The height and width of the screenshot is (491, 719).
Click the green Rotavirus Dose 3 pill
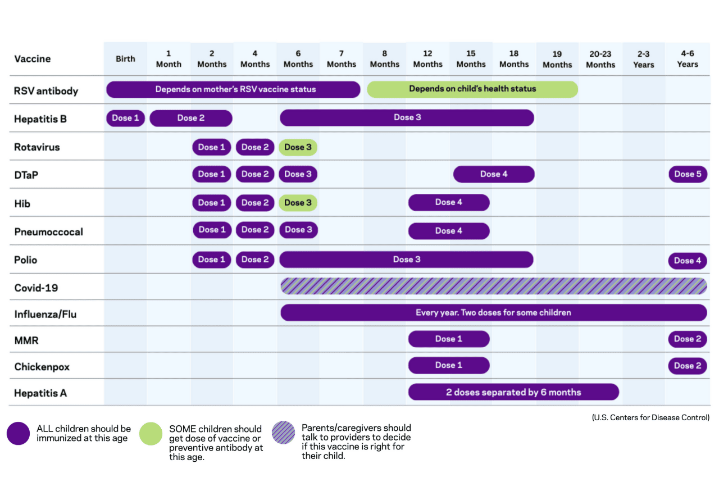coord(298,147)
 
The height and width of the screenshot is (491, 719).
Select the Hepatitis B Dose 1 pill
coord(125,118)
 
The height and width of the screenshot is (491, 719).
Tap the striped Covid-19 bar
coord(493,286)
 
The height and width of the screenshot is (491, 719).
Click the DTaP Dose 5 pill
coord(688,174)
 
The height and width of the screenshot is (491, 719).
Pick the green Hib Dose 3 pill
coord(298,203)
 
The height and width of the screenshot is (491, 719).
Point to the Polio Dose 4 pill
coord(688,261)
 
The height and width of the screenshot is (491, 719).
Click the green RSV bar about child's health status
coord(472,89)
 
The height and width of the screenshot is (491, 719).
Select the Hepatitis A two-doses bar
coord(513,392)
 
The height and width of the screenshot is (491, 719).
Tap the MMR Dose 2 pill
coord(688,339)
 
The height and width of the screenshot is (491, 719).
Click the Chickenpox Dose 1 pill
coord(449,365)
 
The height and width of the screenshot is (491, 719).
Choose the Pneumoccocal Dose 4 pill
coord(449,230)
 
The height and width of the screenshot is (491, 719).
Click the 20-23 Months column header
coord(600,59)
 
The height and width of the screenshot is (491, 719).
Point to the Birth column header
coord(125,59)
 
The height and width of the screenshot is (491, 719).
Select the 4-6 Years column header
coord(687,59)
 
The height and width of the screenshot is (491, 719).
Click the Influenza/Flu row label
coord(45,314)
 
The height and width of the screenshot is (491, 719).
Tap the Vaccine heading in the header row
coord(33,59)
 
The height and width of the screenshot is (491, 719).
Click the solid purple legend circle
coord(19,434)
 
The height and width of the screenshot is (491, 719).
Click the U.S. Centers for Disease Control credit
coord(650,417)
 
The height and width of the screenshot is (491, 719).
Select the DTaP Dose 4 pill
coord(494,174)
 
